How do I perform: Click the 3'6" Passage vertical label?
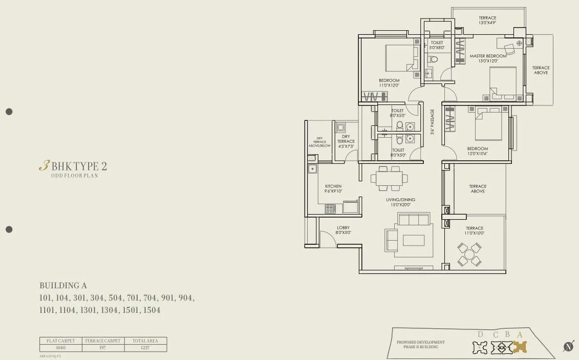click(433, 122)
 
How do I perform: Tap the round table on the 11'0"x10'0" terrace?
click(469, 255)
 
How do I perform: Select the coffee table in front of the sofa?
click(413, 240)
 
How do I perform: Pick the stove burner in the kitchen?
click(331, 208)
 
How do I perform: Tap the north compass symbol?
click(568, 347)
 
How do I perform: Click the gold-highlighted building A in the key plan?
click(520, 347)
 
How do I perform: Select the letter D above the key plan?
click(480, 335)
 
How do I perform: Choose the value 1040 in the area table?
click(61, 348)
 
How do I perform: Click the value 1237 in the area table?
click(145, 348)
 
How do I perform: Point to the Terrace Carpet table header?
click(103, 341)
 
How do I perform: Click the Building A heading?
click(67, 286)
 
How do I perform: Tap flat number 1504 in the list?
click(152, 310)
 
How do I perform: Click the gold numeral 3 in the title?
click(44, 166)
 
